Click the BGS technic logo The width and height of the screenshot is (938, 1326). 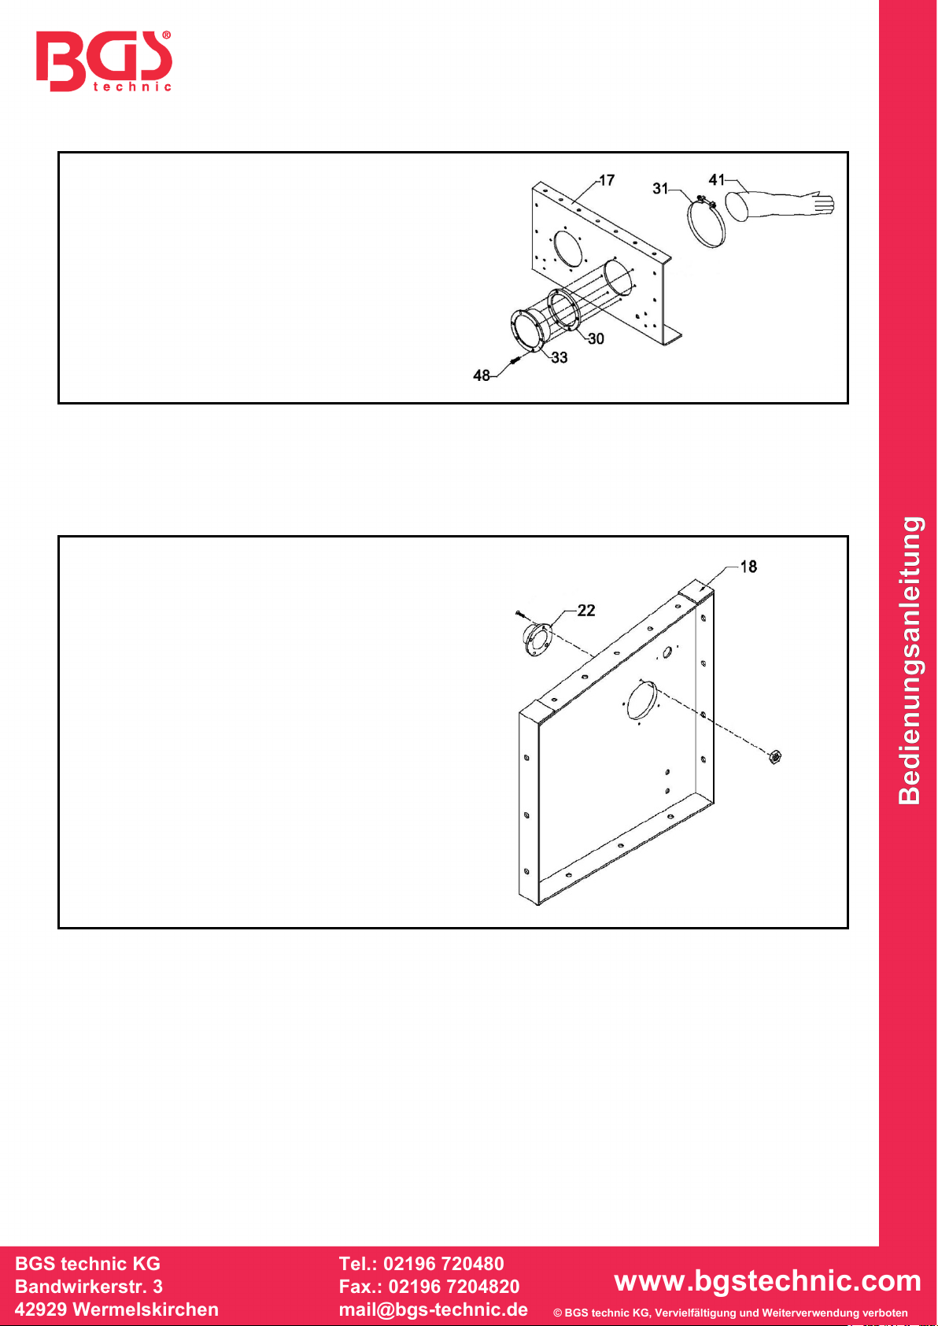pos(104,61)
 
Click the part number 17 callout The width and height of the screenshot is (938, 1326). pos(607,180)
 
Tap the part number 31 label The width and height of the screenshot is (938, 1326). pos(660,188)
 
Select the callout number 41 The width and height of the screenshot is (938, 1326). pos(717,179)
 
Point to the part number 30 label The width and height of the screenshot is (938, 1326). pos(596,338)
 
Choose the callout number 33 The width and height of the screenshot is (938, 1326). pos(559,357)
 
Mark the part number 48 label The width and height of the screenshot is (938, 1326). pos(482,375)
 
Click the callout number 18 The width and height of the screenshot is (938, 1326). pos(748,567)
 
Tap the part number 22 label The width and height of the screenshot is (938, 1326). pos(586,611)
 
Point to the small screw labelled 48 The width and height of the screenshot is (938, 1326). pos(515,360)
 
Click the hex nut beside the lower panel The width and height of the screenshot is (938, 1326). pos(774,756)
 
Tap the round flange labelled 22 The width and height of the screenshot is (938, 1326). pos(536,639)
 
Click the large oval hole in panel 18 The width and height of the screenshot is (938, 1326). pos(641,701)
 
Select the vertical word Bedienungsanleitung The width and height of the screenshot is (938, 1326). pos(910,660)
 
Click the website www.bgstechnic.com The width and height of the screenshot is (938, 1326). pos(767,1280)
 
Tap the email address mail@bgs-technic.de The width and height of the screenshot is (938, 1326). pos(434,1309)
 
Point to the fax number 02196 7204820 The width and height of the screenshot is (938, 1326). pos(453,1287)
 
